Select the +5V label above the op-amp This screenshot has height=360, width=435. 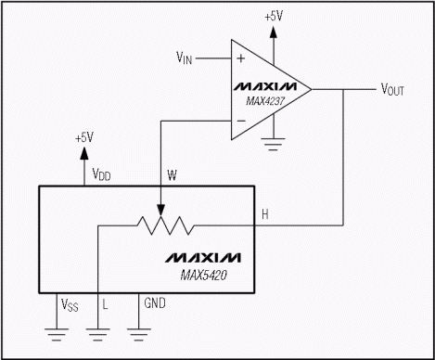[x=274, y=15]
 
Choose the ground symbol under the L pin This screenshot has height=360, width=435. [x=97, y=334]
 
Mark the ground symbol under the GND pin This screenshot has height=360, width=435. [x=140, y=334]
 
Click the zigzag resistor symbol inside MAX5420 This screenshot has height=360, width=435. [x=162, y=225]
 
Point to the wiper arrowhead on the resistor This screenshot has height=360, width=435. [x=162, y=210]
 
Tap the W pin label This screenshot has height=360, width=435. [x=171, y=173]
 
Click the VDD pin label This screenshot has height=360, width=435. [x=101, y=173]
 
